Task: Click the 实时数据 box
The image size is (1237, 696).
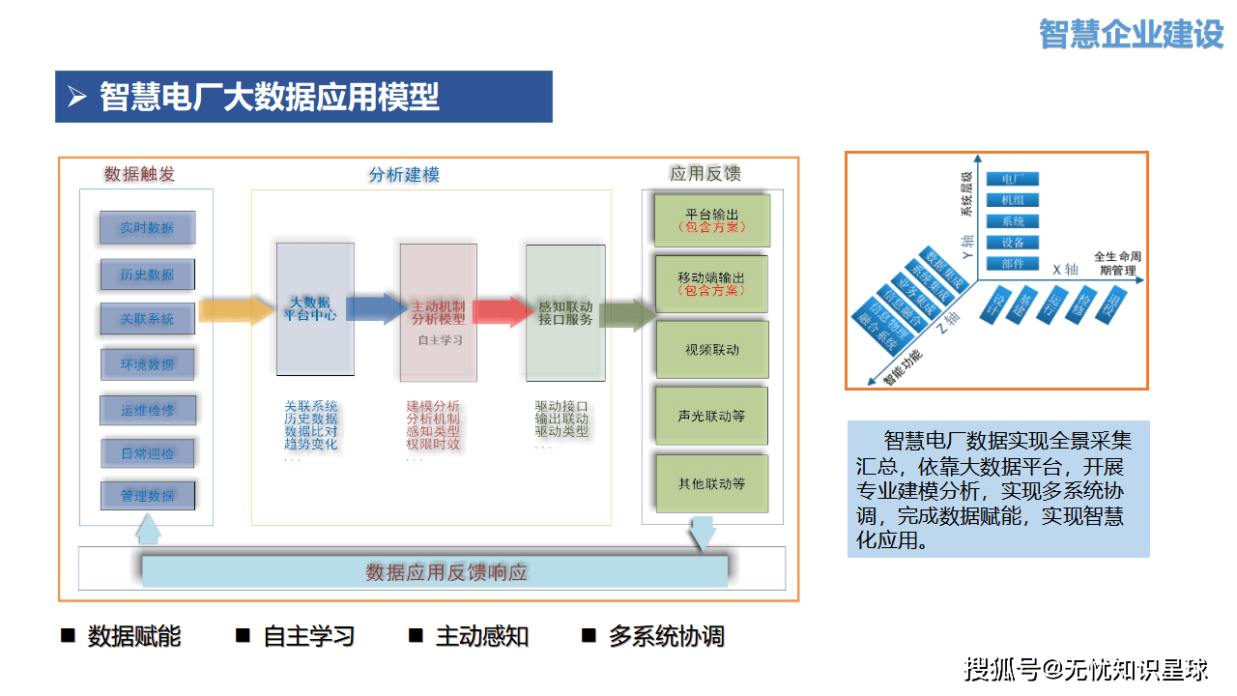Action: pos(147,228)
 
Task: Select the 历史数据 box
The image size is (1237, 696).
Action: pos(147,275)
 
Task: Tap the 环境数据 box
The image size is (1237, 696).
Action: pos(147,364)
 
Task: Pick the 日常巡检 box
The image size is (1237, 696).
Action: pos(147,453)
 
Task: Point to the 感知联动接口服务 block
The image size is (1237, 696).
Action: pos(565,312)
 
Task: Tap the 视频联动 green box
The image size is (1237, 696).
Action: pos(711,350)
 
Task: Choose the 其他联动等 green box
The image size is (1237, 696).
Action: pos(711,483)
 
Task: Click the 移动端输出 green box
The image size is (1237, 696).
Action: pos(711,283)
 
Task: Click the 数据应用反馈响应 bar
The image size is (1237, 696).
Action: pos(435,571)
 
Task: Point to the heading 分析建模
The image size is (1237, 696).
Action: pos(404,175)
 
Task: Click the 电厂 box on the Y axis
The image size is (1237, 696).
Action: pos(1012,179)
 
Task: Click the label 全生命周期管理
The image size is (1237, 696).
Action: pos(1116,264)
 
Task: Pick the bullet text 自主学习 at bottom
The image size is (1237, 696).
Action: pos(308,636)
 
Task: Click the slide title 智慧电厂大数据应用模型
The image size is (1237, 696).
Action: pos(270,97)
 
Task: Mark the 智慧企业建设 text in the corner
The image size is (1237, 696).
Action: pos(1132,34)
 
